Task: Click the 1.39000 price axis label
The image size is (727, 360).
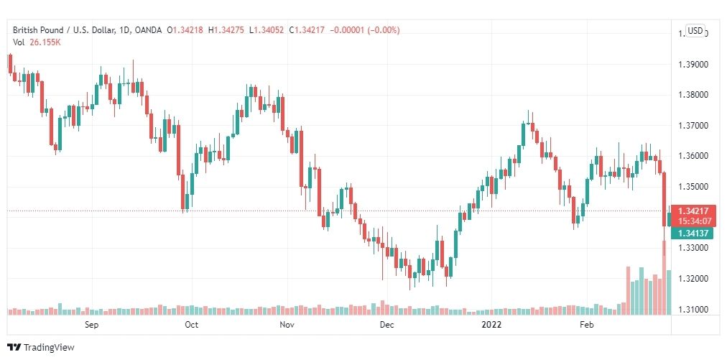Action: pos(693,65)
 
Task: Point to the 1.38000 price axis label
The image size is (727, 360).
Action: pos(693,95)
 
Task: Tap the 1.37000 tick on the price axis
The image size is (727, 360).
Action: pos(693,126)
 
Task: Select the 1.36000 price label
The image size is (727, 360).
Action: pos(693,156)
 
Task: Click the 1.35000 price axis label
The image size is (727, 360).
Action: pos(693,187)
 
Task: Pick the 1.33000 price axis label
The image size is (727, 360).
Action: pos(693,248)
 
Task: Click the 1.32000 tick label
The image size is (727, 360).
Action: pos(693,279)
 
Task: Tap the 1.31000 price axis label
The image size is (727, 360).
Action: pos(693,310)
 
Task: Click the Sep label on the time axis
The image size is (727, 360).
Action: pos(91,325)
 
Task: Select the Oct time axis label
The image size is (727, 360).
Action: pos(191,325)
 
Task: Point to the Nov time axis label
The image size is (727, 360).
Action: pos(287,325)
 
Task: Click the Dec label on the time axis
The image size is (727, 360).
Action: pos(386,325)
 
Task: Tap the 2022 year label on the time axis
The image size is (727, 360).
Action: pos(491,325)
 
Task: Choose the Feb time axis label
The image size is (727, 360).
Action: pos(587,325)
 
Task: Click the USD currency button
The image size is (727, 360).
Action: pos(695,31)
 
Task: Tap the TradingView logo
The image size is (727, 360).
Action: pos(41,348)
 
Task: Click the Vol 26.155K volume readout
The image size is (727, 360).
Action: pos(37,42)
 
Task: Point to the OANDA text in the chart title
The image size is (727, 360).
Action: pos(149,30)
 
